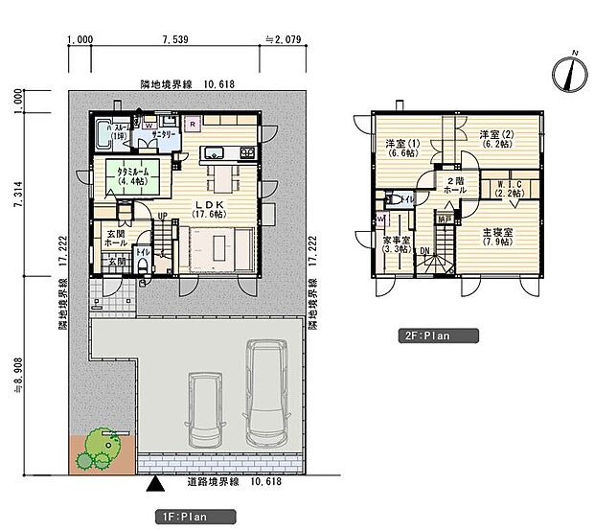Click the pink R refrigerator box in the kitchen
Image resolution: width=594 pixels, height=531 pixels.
(x=192, y=124)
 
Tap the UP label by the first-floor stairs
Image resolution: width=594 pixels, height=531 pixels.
(x=163, y=216)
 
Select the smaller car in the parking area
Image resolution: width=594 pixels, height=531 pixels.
(x=205, y=409)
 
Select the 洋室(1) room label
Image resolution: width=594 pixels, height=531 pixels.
(x=400, y=148)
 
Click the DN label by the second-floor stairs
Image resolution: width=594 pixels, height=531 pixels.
(x=424, y=251)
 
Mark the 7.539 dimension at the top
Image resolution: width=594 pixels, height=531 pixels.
(x=176, y=40)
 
